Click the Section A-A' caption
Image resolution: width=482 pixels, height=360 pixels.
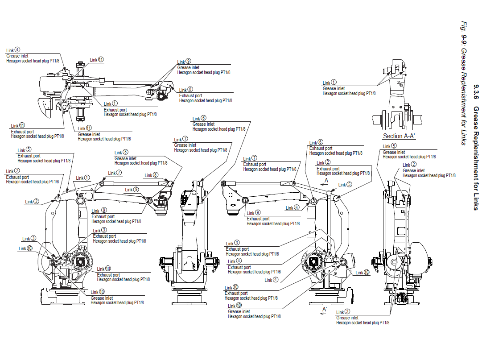[x=399, y=136]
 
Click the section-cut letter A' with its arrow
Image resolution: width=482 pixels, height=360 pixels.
[x=324, y=311]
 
